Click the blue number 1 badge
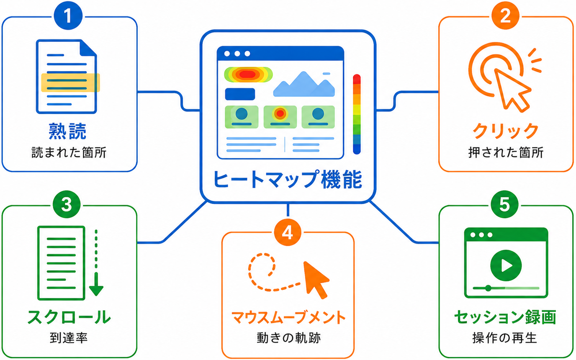coord(68,15)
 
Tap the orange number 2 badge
coord(505,15)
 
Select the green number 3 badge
coord(67,204)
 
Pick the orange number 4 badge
coord(288,233)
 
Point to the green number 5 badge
coord(504,204)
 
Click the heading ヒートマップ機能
coord(288,180)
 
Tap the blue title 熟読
coord(67,131)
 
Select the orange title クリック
coord(506,131)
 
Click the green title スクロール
coord(69,317)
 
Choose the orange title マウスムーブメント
coord(288,317)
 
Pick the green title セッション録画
coord(505,317)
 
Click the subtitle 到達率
coord(69,338)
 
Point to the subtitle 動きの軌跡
coord(288,338)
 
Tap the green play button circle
coord(506,265)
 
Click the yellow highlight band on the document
coord(70,83)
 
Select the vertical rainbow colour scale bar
coord(357,114)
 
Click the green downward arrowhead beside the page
coord(96,291)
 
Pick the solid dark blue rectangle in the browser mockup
coord(240,94)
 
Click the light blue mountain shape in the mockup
coord(304,85)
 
